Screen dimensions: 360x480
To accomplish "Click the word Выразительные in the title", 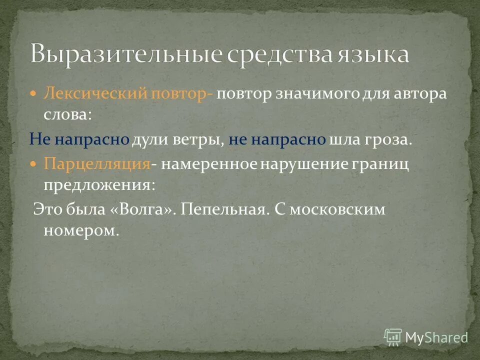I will [x=125, y=54].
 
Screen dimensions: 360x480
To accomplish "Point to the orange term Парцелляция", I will [x=97, y=164].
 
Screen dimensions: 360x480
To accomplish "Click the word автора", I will [x=419, y=94].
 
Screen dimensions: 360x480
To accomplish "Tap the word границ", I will [x=381, y=164].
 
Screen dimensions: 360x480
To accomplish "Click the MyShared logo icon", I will [x=392, y=337].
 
